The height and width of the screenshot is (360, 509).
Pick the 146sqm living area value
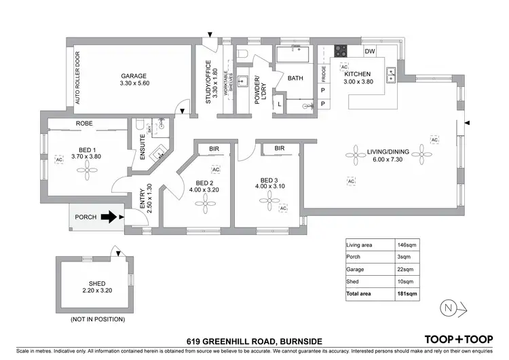pos(406,245)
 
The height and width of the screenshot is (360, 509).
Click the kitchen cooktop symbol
pos(340,51)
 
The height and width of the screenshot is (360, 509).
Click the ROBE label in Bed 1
pos(84,124)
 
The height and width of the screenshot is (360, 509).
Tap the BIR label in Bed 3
pos(279,148)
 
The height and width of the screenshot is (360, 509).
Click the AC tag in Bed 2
pos(216,169)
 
